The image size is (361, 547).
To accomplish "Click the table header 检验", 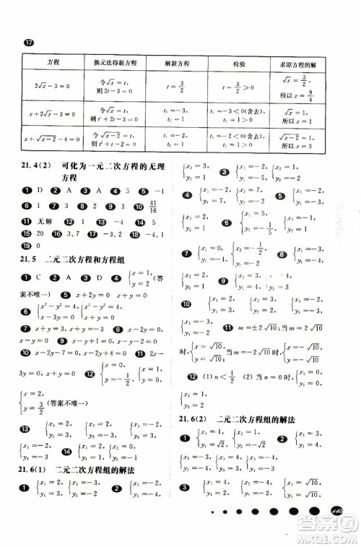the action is tap(238, 63).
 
